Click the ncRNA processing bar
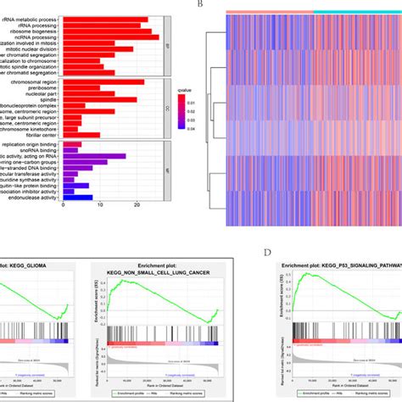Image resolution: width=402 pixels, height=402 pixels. (x=111, y=36)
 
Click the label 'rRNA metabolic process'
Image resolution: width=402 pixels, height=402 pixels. (x=31, y=18)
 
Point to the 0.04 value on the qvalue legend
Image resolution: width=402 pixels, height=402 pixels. (x=193, y=129)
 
